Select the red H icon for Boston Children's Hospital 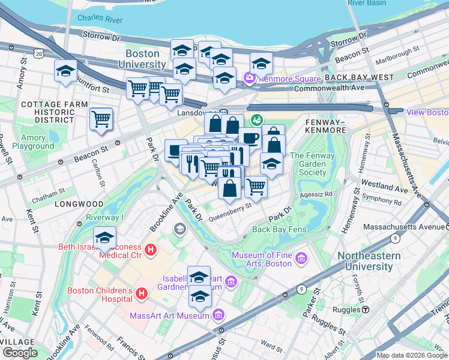coord(142,294)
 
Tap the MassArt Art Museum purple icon coord(218,315)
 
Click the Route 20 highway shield coord(39,54)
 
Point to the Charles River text coord(100,19)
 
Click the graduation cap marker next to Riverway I coord(105,238)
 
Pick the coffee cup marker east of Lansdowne coord(250,138)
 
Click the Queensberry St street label coord(229,214)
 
